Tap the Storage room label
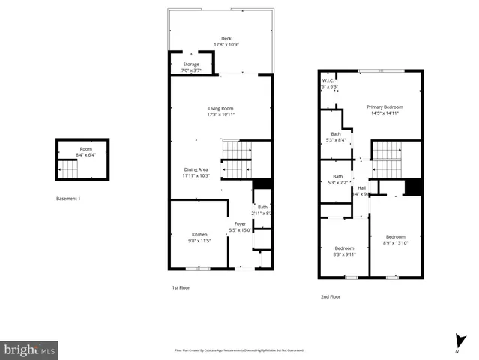(x=191, y=64)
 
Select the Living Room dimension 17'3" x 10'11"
(x=221, y=115)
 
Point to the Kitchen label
(x=199, y=235)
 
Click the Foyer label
(x=240, y=223)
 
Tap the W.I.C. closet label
(x=328, y=80)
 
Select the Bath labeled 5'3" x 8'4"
(x=337, y=134)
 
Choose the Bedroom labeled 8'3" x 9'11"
(x=344, y=247)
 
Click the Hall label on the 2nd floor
(x=361, y=187)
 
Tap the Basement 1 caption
(x=68, y=199)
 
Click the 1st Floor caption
(x=181, y=287)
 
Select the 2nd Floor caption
(x=331, y=296)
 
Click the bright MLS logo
(x=29, y=349)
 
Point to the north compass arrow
(x=457, y=340)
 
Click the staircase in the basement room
(x=69, y=171)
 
